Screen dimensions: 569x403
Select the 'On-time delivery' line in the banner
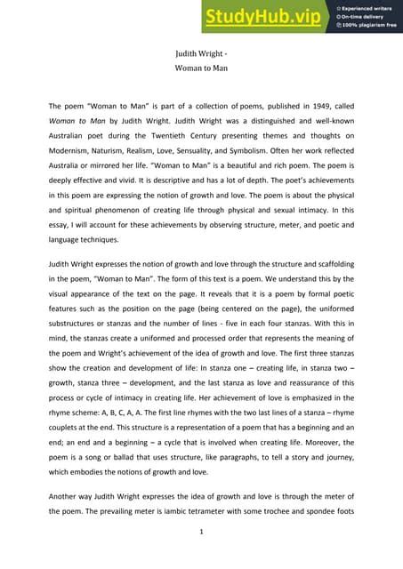tap(364, 17)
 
